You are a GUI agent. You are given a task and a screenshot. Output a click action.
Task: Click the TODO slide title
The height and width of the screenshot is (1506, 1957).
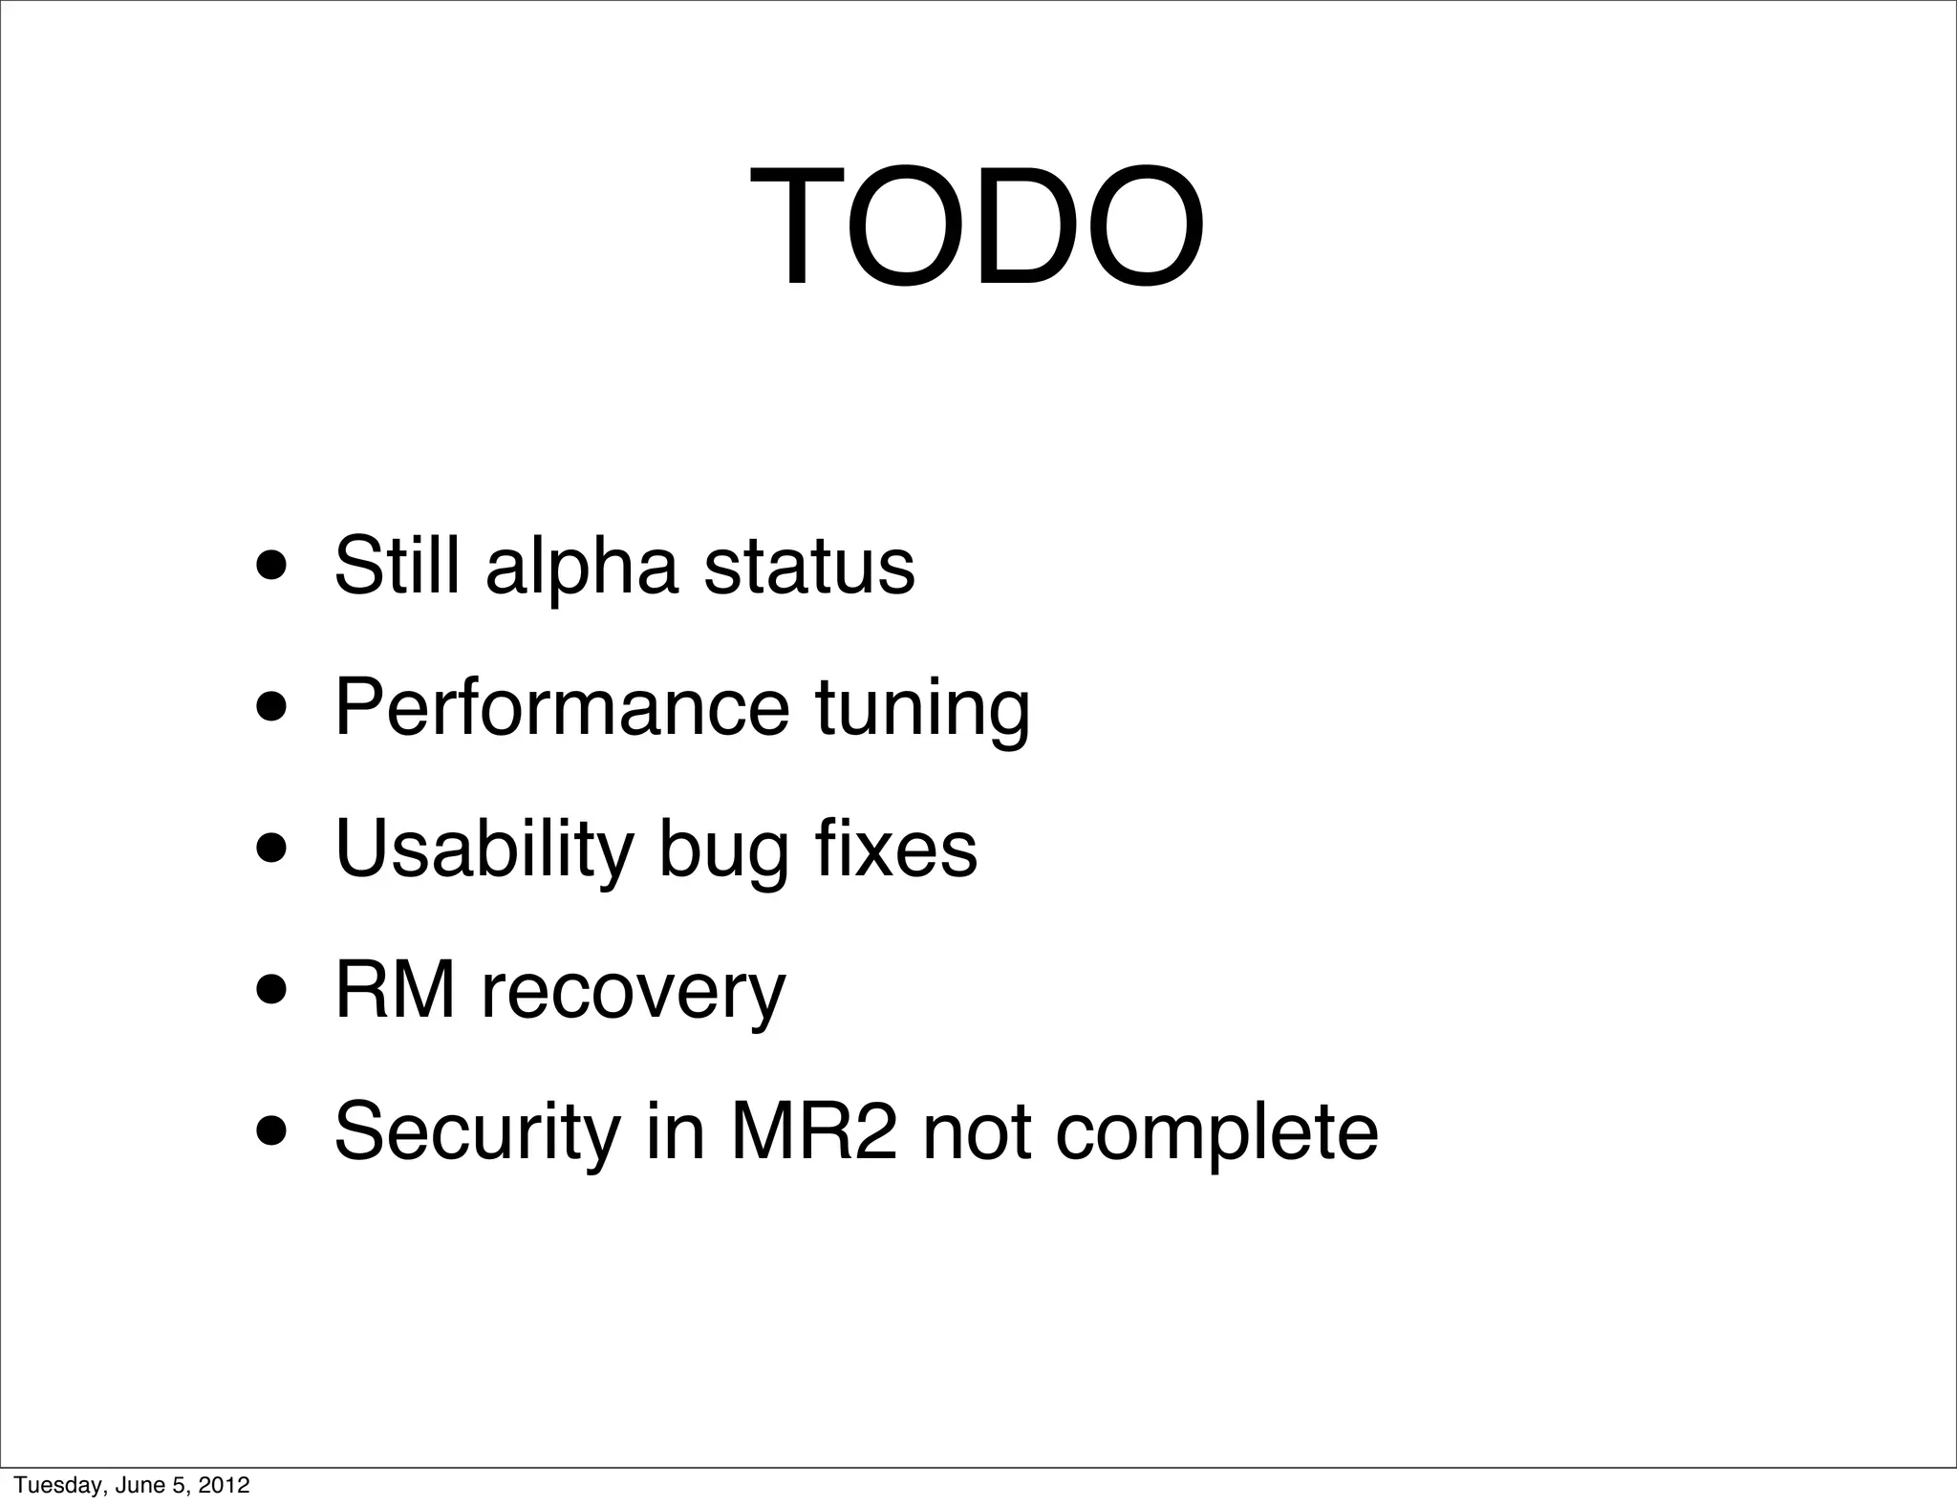976,228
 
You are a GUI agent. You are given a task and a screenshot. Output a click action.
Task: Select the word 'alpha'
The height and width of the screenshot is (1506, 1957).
582,568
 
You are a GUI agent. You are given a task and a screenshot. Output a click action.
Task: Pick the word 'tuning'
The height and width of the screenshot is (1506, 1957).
923,709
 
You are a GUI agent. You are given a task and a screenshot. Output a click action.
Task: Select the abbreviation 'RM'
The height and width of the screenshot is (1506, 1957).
395,990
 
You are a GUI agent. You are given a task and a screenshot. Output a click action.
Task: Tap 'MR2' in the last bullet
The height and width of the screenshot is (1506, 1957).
814,1131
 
